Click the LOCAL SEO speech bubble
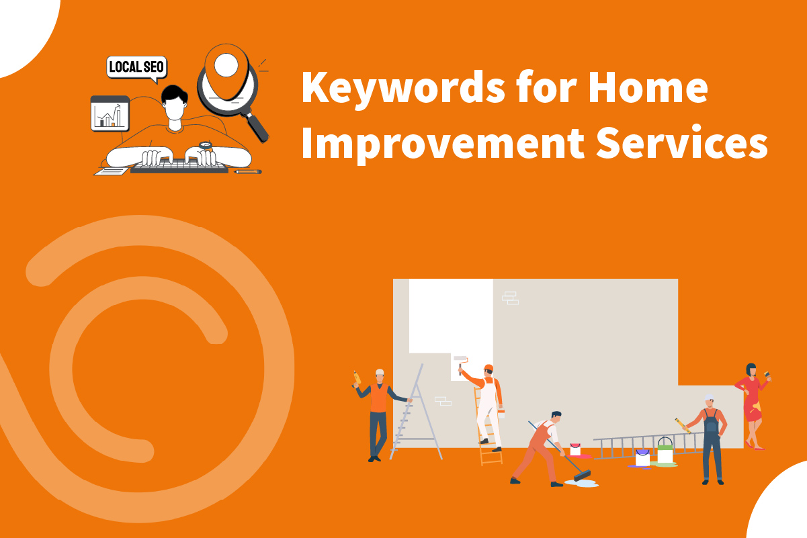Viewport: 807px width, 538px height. [136, 67]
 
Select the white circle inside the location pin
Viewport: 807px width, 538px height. [226, 64]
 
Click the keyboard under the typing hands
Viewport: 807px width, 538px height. [179, 166]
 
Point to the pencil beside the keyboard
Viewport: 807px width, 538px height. [248, 172]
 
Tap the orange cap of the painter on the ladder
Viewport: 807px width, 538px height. [489, 368]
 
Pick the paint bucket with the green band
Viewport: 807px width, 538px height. [665, 451]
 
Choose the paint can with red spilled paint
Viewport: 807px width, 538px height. [575, 450]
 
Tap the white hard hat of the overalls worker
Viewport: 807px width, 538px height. [710, 399]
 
